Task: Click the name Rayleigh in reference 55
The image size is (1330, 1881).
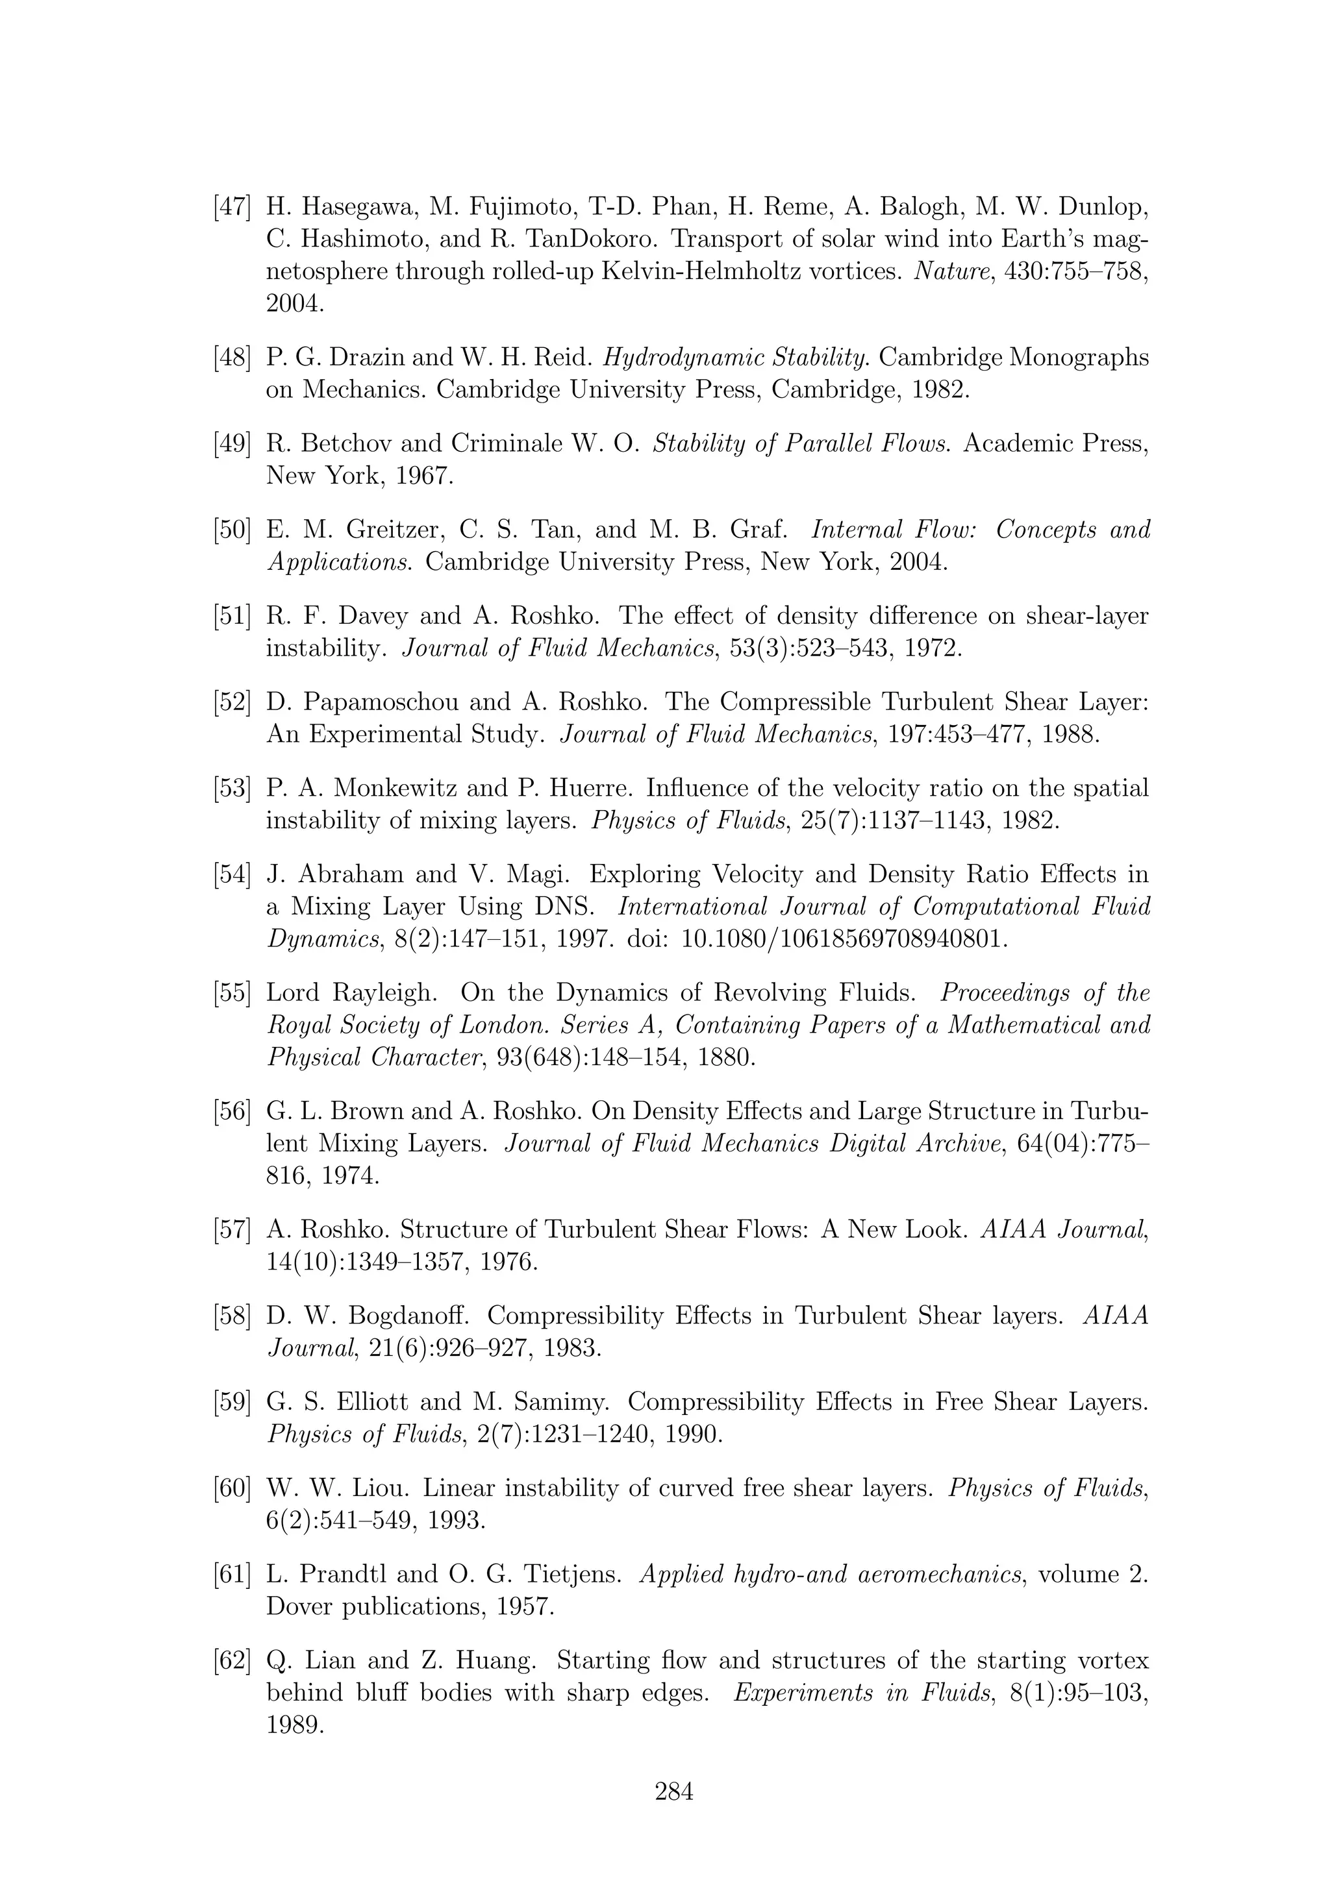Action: pyautogui.click(x=384, y=993)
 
